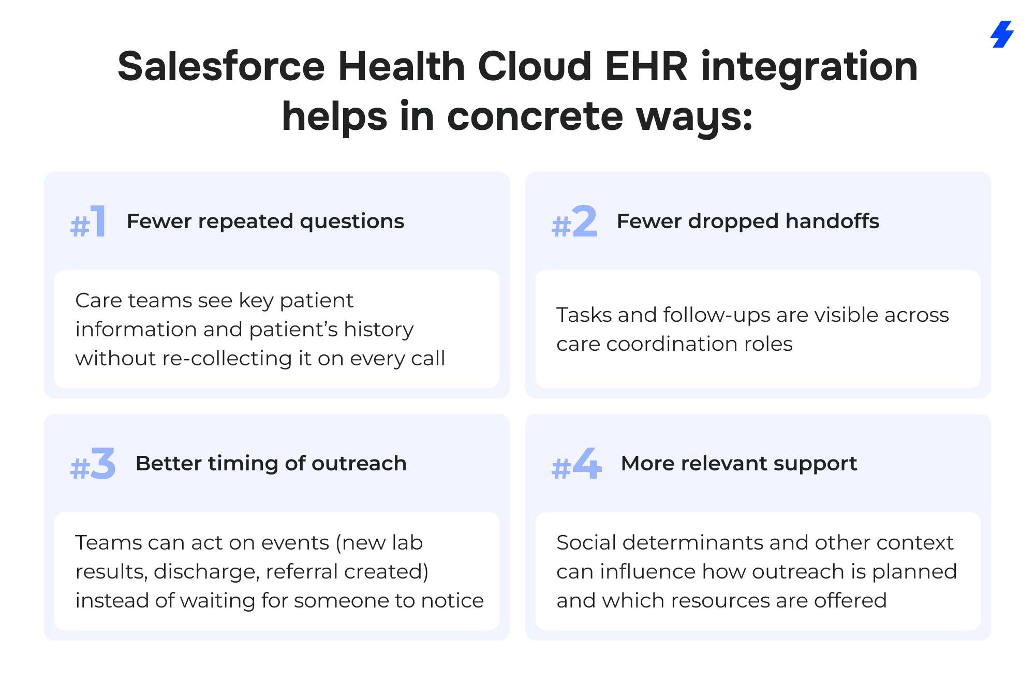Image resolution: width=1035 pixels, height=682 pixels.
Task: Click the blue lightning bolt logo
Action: tap(1002, 34)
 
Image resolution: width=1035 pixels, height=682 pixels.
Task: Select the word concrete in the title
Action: tap(535, 116)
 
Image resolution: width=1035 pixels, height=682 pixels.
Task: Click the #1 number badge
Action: tap(88, 221)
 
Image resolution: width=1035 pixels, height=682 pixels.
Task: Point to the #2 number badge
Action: tap(574, 221)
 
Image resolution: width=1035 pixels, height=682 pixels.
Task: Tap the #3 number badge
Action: tap(93, 464)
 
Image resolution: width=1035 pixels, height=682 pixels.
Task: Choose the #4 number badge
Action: tap(576, 464)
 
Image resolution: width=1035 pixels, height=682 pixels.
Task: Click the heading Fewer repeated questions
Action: tap(265, 221)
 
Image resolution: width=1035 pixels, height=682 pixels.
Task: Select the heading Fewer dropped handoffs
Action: tap(748, 221)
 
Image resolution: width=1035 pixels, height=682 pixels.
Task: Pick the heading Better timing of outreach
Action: tap(271, 463)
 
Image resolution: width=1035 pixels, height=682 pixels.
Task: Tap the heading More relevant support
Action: tap(739, 464)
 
